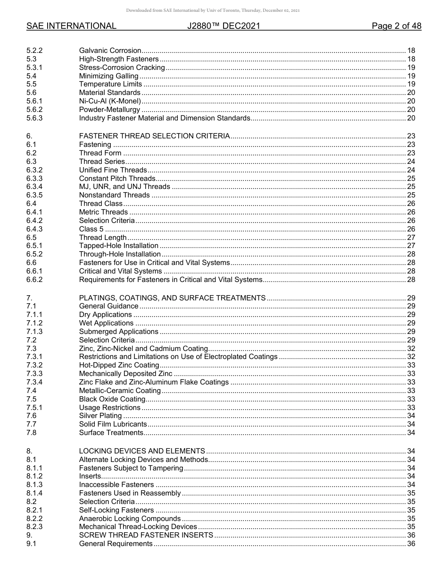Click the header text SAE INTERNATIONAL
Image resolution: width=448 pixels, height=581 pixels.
point(71,26)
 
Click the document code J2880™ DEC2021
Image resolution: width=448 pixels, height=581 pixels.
point(224,26)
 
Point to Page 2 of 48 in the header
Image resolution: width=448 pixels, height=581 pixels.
point(396,26)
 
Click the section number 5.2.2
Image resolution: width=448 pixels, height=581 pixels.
point(34,51)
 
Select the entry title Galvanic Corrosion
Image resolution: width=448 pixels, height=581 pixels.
point(110,51)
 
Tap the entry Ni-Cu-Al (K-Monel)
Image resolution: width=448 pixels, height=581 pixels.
point(110,101)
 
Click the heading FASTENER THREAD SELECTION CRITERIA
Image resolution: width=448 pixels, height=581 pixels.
point(154,136)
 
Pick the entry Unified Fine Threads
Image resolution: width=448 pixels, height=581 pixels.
point(113,170)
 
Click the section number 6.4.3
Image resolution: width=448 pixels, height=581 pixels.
point(34,229)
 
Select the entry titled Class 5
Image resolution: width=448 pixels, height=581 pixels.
point(91,229)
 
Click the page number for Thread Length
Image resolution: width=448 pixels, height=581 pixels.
point(411,238)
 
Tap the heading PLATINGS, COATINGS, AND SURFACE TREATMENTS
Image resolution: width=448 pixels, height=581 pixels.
point(172,298)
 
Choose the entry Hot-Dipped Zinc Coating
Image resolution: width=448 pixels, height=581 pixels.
point(119,365)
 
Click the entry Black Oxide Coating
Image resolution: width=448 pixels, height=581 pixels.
point(112,399)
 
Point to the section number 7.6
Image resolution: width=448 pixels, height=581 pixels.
point(32,416)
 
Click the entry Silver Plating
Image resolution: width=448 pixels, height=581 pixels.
point(100,416)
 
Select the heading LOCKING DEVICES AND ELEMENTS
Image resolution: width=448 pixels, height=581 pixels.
point(142,451)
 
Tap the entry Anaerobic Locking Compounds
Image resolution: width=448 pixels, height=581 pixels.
point(130,519)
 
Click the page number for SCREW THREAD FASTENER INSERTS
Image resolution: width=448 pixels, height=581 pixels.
point(411,535)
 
